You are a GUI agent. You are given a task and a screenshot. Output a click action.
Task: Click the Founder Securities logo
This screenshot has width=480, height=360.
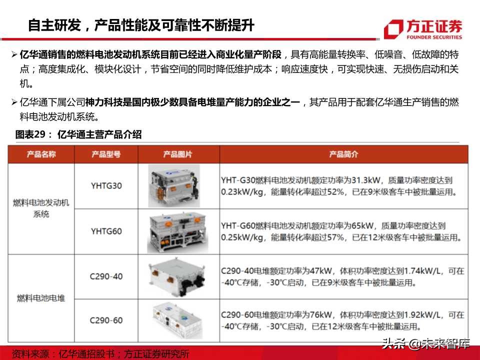[423, 29]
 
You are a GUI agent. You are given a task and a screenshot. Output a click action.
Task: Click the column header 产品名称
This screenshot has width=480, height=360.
[41, 154]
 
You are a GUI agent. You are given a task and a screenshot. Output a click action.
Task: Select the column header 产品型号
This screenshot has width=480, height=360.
[106, 154]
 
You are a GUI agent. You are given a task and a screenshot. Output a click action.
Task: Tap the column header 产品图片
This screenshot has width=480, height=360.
[177, 154]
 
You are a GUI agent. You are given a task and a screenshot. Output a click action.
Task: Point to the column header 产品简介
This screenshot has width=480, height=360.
[343, 154]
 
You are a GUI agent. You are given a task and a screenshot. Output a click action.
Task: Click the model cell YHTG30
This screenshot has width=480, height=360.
[106, 186]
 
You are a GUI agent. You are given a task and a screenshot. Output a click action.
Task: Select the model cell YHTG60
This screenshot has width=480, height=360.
[106, 231]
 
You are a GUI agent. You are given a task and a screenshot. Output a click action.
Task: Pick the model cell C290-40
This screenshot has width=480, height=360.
[106, 276]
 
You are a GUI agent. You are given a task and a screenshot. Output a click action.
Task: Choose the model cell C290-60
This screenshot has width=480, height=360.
[106, 320]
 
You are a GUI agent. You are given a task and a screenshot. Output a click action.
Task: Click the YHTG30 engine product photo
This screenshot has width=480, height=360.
[174, 186]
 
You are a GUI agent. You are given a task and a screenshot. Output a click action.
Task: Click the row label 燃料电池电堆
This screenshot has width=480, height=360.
[41, 298]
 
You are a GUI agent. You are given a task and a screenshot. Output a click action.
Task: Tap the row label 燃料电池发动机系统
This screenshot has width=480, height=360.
[41, 208]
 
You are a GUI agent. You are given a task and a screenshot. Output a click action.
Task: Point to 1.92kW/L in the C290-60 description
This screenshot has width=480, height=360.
[422, 314]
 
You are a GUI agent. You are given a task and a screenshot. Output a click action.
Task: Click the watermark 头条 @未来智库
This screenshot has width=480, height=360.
[426, 343]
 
